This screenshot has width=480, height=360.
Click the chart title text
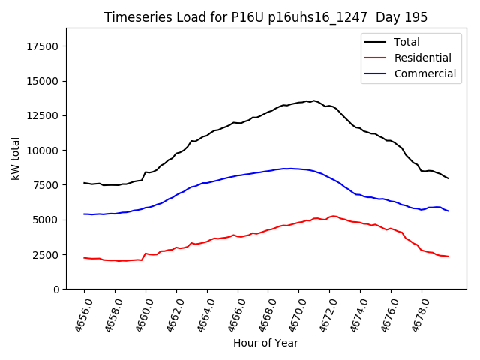[265, 17]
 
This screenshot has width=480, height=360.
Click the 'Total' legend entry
[406, 42]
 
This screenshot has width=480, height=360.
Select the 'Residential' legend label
[422, 58]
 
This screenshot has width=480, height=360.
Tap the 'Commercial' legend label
[424, 73]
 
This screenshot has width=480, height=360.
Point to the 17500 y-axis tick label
[43, 46]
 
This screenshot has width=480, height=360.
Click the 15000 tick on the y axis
[43, 81]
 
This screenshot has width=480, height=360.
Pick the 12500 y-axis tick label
[43, 115]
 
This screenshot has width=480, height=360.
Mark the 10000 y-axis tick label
[43, 150]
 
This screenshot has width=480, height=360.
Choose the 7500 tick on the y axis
[46, 185]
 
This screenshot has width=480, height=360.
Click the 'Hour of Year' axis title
[265, 343]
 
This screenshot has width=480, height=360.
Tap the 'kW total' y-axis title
[14, 158]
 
